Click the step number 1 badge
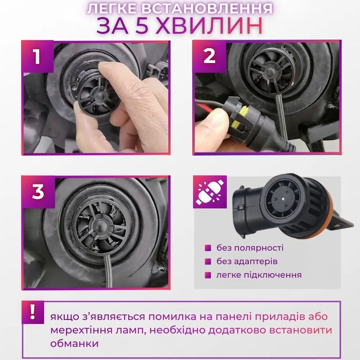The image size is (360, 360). tap(37, 57)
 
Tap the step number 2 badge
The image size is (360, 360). tap(209, 57)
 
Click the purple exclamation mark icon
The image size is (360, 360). tap(32, 312)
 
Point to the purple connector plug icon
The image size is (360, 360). tap(210, 192)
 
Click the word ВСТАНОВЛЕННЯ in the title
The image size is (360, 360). tap(207, 9)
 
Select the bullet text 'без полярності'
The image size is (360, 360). tap(250, 248)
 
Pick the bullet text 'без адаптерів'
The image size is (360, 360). tap(247, 261)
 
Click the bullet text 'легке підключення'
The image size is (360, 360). tap(259, 275)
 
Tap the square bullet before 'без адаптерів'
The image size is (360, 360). tap(208, 261)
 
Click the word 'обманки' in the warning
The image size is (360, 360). tap(75, 343)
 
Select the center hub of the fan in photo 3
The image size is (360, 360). tap(101, 226)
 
